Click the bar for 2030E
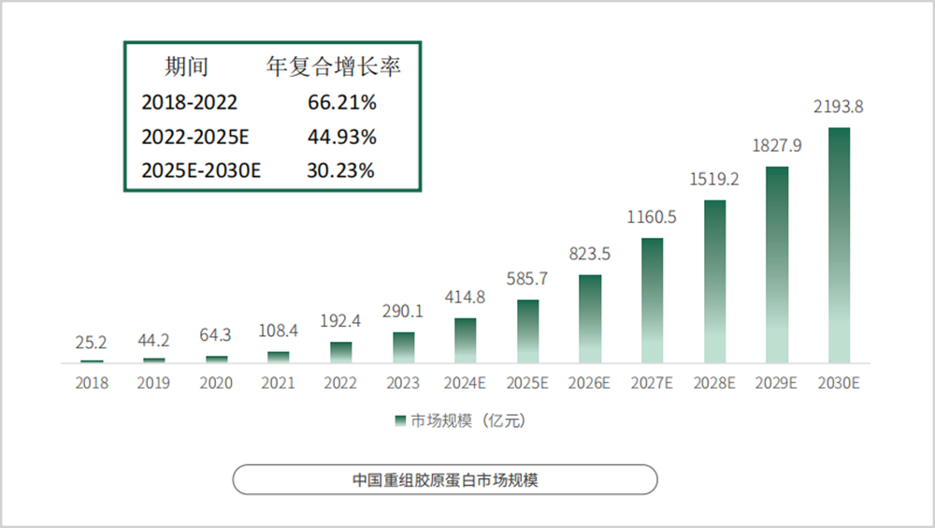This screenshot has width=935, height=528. (x=839, y=245)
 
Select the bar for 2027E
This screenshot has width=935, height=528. (x=652, y=301)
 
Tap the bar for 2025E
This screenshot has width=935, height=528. (x=528, y=331)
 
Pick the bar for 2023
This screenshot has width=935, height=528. (x=403, y=347)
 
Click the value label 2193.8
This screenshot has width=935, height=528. (x=839, y=108)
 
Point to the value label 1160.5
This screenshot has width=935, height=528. (x=652, y=218)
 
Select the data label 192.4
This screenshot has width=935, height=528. (x=341, y=322)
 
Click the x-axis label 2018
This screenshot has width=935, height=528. (x=93, y=383)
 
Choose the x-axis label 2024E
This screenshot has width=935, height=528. (x=465, y=383)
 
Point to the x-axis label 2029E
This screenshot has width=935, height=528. (x=776, y=383)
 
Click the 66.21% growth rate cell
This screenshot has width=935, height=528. (x=342, y=102)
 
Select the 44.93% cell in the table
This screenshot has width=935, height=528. (x=342, y=137)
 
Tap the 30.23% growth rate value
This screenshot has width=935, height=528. (x=341, y=170)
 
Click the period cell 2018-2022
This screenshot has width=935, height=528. (x=190, y=102)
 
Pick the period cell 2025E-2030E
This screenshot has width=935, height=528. (x=201, y=170)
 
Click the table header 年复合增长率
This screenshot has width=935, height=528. (x=334, y=66)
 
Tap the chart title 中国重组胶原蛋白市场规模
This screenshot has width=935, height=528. (x=444, y=480)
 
